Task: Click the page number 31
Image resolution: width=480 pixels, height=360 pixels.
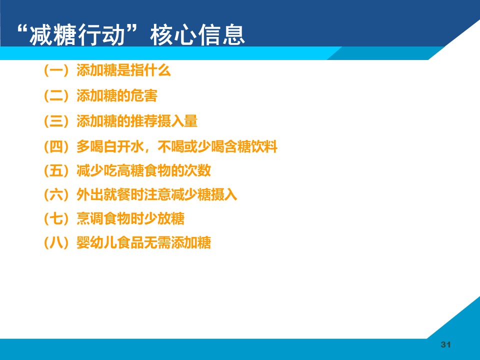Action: click(445, 344)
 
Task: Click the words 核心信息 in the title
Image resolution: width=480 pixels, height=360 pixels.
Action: click(197, 34)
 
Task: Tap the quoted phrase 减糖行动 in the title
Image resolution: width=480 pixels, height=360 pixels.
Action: click(77, 34)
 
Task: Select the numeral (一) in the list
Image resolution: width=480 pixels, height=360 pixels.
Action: click(57, 70)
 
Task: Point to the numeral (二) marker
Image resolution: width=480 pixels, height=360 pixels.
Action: click(57, 96)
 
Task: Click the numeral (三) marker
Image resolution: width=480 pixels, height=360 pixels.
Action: click(57, 121)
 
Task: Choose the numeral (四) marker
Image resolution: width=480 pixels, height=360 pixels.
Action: click(57, 146)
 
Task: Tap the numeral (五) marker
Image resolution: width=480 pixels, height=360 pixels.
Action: click(57, 170)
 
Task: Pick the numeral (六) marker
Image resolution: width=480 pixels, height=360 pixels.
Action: click(57, 194)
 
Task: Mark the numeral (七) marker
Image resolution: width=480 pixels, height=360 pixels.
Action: click(57, 218)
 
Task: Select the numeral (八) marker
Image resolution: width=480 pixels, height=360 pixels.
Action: click(57, 243)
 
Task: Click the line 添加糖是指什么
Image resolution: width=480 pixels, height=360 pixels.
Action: click(123, 70)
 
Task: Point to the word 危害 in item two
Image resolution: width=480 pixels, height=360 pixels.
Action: click(144, 96)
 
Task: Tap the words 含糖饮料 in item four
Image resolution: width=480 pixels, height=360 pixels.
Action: click(250, 146)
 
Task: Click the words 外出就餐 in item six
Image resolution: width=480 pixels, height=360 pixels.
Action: click(103, 194)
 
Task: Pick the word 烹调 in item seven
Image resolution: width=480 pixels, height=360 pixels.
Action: click(90, 218)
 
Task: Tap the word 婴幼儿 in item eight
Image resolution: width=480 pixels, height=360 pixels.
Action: click(96, 243)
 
